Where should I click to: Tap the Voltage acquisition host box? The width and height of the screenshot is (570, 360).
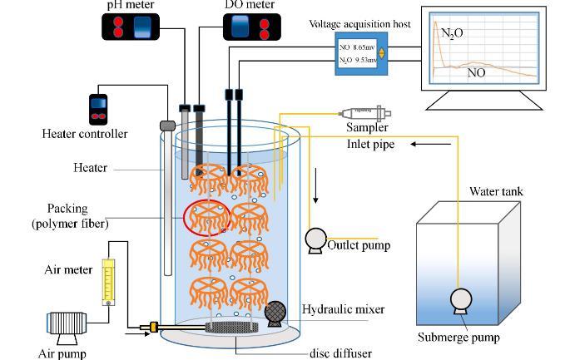coord(361,52)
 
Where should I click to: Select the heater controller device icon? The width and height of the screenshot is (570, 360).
coord(99,108)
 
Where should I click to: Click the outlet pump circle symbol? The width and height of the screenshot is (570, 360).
coord(315,239)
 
